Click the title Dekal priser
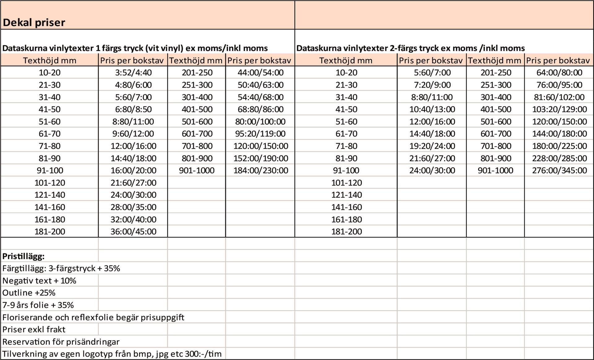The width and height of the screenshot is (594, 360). (x=34, y=23)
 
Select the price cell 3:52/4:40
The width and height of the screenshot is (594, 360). (x=133, y=73)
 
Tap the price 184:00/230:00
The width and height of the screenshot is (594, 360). (x=260, y=171)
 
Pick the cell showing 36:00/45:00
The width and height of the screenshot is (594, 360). (x=133, y=232)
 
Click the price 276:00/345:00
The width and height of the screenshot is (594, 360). (x=559, y=171)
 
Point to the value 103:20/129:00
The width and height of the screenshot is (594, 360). (x=559, y=109)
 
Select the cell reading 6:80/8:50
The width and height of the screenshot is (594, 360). (x=133, y=109)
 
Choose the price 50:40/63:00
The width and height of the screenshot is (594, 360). (x=260, y=85)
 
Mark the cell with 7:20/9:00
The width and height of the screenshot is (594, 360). (x=432, y=85)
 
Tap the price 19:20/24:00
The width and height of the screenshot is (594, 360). (x=432, y=146)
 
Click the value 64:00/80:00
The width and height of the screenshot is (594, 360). (x=559, y=73)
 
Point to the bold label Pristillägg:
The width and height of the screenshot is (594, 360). (x=24, y=256)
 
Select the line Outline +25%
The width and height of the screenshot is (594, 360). (x=29, y=293)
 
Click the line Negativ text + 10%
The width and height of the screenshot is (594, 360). (x=39, y=281)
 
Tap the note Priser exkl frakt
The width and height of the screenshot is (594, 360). (x=34, y=329)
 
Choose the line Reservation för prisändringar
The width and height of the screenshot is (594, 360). (x=61, y=342)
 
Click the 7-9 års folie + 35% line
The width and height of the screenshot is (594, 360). (x=38, y=305)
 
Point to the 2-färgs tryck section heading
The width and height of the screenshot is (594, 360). (x=411, y=48)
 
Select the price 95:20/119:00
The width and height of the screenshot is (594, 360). (x=260, y=134)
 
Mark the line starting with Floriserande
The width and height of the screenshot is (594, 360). (x=93, y=317)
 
